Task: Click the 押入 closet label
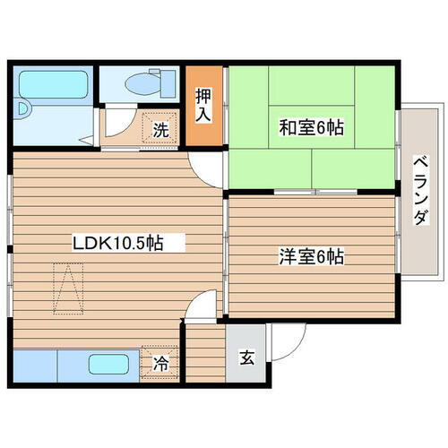click(x=203, y=103)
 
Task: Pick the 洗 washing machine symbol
click(x=159, y=129)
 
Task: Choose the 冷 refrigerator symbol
click(x=159, y=364)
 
